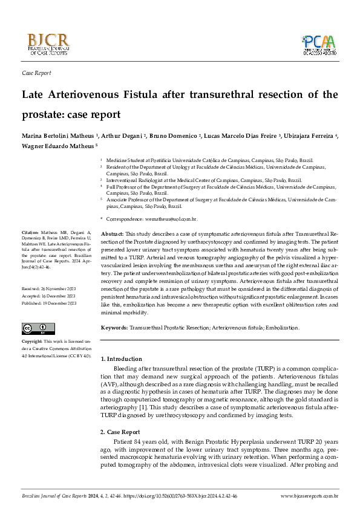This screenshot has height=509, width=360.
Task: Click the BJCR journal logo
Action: [48, 44]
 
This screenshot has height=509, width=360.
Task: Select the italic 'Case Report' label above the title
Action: [36, 73]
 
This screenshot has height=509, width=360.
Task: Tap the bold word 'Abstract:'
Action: [112, 233]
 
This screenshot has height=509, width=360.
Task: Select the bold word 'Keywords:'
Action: [114, 327]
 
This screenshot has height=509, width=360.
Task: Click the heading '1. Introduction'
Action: [121, 359]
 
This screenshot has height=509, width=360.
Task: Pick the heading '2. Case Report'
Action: [120, 432]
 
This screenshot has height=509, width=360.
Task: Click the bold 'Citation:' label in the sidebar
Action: [30, 232]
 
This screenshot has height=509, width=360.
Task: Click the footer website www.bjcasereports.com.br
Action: [309, 496]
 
